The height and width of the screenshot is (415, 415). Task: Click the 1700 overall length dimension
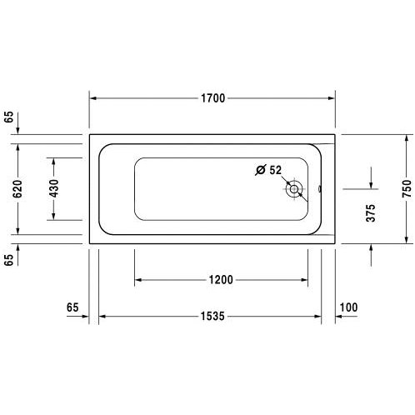(x=212, y=98)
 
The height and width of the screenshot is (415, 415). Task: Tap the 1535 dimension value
(x=212, y=316)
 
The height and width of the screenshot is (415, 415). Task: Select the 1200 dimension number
(x=221, y=280)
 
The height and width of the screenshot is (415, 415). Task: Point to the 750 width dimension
(x=407, y=189)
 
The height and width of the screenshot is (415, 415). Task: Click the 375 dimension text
(x=371, y=213)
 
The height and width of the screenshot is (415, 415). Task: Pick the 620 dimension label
(x=17, y=189)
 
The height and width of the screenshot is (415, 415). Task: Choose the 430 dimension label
(x=54, y=188)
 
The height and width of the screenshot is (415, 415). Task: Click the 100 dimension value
(x=348, y=307)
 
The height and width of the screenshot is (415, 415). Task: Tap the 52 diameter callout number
(x=275, y=170)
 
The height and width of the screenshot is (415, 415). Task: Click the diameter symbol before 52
(x=261, y=170)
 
